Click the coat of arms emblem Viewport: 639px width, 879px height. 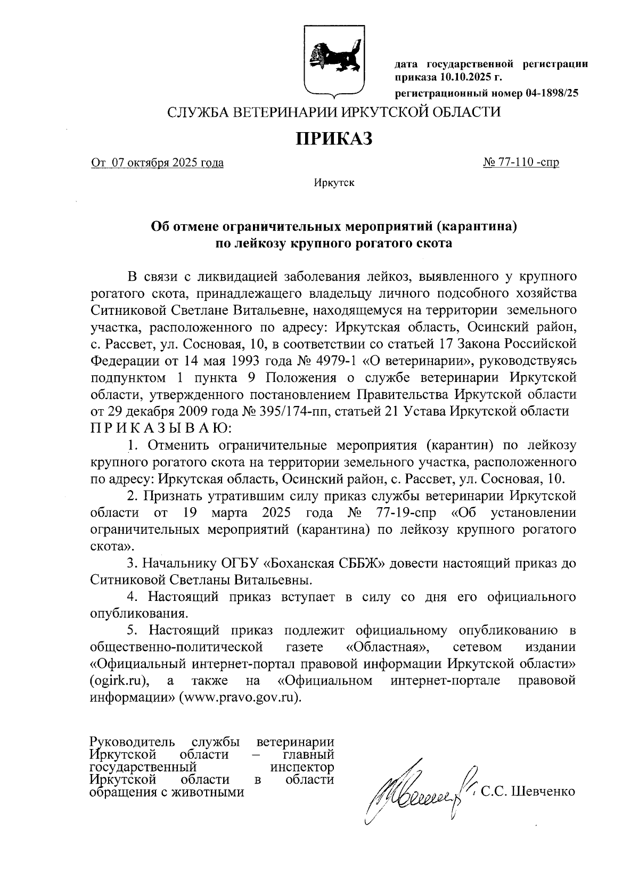coord(333,60)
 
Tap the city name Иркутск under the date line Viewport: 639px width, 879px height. coord(334,183)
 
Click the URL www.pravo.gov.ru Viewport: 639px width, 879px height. coord(241,697)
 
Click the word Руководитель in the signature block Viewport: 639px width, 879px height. coord(133,742)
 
